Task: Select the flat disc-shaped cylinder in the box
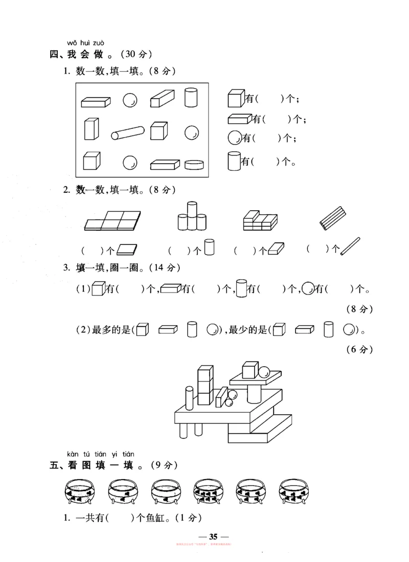tap(195, 164)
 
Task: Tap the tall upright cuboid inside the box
tap(91, 129)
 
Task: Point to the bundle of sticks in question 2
tap(333, 217)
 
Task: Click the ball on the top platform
tap(265, 372)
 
